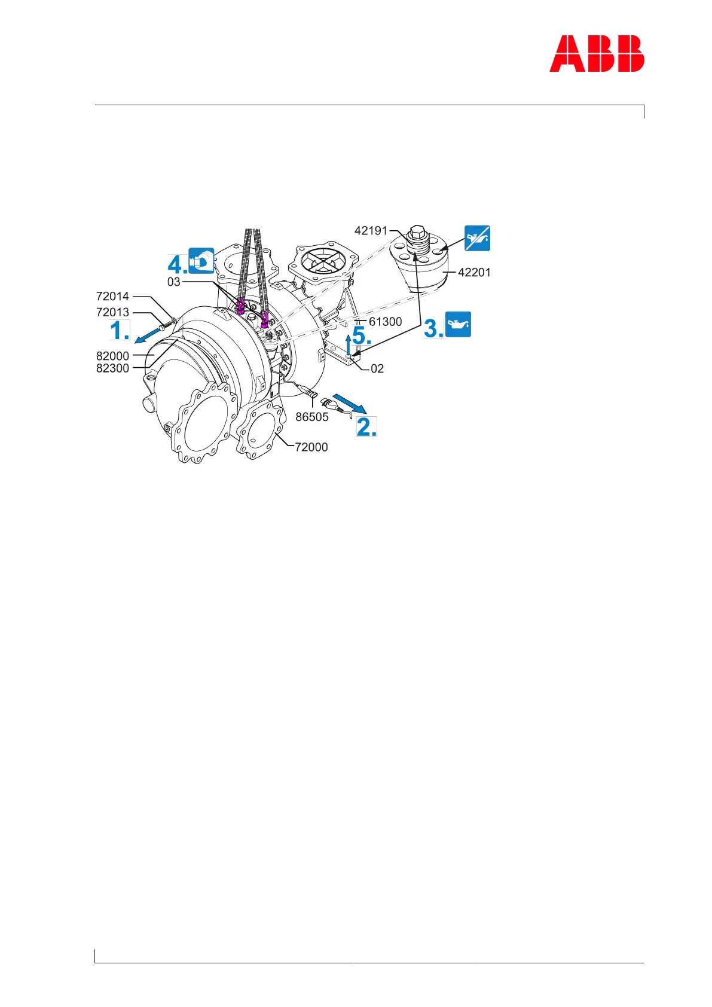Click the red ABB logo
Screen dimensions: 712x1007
tap(597, 54)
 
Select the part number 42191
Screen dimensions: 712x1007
tap(371, 231)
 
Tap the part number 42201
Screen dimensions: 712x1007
tap(474, 273)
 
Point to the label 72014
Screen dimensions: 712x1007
tap(112, 297)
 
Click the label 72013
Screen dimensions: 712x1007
tap(112, 312)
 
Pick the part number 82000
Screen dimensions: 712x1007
tap(112, 356)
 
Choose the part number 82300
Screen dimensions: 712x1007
tap(112, 368)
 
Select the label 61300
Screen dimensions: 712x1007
tap(385, 322)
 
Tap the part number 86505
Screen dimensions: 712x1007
tap(312, 417)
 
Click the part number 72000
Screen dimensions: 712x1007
tap(311, 447)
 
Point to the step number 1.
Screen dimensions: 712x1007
tap(119, 331)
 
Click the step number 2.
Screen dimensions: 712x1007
tap(366, 427)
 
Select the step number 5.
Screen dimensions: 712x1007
tap(362, 336)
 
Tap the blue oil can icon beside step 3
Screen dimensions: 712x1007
tap(458, 324)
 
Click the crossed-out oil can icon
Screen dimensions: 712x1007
tap(478, 238)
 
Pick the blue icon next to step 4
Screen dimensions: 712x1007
tap(201, 261)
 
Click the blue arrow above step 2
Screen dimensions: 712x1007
tap(349, 403)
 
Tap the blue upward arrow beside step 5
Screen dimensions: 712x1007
tap(349, 345)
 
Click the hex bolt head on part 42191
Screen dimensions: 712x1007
tap(416, 231)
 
